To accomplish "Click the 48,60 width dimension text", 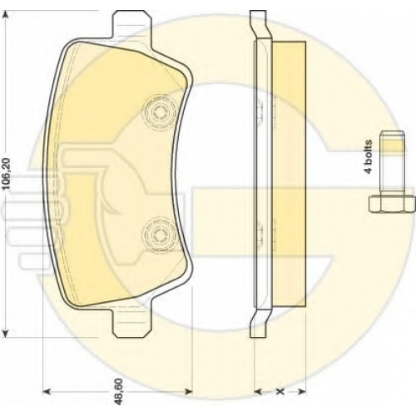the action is point(118,391).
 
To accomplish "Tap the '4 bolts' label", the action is point(368,157).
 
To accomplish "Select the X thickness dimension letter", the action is point(280,392).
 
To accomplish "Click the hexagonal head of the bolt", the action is point(392,204).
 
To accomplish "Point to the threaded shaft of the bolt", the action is point(392,163).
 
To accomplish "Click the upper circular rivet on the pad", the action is point(159,112).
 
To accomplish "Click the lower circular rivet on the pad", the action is point(159,235).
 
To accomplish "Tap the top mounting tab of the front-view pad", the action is point(131,25).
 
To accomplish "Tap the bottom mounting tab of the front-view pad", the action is point(131,323).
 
